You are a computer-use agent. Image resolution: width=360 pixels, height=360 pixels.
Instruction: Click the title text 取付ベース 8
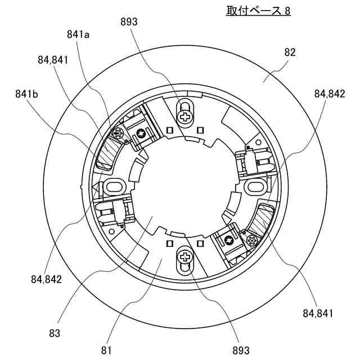tap(254, 11)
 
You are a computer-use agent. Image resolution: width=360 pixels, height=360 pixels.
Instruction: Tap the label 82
tap(290, 52)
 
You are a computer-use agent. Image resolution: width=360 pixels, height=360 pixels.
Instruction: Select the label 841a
tap(79, 35)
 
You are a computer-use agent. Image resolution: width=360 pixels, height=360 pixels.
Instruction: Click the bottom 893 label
tap(241, 350)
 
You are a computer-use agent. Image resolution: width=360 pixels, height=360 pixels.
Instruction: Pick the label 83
tap(55, 333)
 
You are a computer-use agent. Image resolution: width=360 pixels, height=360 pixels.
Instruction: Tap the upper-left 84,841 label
tap(54, 60)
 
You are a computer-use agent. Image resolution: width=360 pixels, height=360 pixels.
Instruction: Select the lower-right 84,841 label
tap(318, 313)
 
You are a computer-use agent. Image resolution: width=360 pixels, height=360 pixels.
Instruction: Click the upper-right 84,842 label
tap(330, 94)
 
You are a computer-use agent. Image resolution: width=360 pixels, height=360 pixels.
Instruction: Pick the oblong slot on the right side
tap(255, 186)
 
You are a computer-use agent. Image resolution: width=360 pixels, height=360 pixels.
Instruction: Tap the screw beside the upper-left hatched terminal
tap(118, 134)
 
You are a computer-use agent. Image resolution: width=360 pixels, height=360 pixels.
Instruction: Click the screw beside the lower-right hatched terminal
tap(251, 241)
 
